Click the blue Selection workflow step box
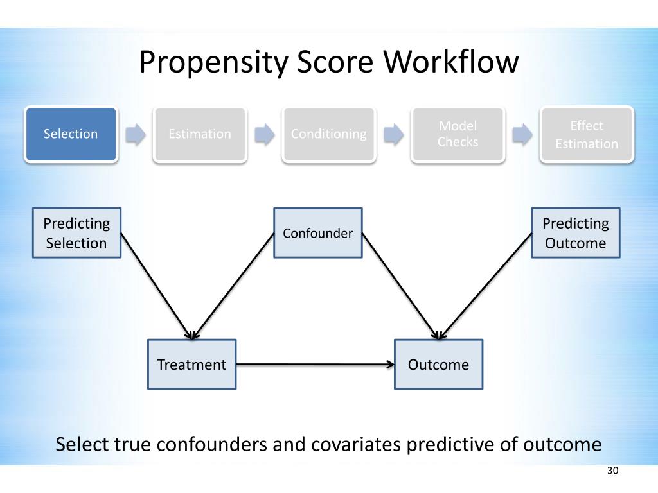coord(71,134)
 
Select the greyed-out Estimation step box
coord(200,134)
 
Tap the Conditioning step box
coord(328,134)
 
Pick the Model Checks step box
coord(458,134)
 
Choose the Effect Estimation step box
coord(587,134)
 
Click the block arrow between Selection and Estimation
coord(136,135)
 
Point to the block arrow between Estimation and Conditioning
coord(264,135)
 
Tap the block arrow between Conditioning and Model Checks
coord(394,135)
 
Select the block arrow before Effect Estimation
coord(522,135)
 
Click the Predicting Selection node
coord(77,232)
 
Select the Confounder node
coord(317,232)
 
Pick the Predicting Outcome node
coord(575,232)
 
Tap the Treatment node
coord(191,365)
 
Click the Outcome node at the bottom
coord(438,365)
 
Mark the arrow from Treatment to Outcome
coord(315,365)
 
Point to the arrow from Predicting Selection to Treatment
coord(157,286)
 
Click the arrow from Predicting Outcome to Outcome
coord(485,286)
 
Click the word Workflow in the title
coord(451,62)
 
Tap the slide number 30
coord(612,471)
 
